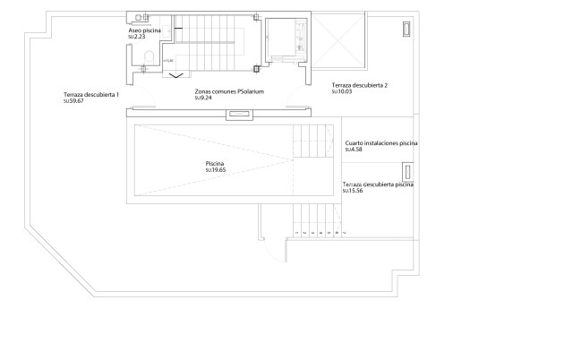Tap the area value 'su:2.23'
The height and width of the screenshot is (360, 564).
138,37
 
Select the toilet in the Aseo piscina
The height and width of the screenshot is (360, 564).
148,61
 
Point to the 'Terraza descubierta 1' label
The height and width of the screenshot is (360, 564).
91,95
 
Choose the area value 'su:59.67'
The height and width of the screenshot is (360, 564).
73,102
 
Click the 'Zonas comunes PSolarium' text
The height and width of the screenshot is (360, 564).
229,91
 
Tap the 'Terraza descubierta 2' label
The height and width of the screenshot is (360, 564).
359,85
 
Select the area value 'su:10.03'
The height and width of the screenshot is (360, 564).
342,91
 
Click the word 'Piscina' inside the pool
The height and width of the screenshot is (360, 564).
214,165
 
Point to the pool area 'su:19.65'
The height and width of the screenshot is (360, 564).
216,171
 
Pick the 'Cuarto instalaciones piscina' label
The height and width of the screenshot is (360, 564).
380,143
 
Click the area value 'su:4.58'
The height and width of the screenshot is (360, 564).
354,150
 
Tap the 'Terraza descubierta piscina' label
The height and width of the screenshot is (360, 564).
378,184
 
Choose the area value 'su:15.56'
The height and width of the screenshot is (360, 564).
353,191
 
